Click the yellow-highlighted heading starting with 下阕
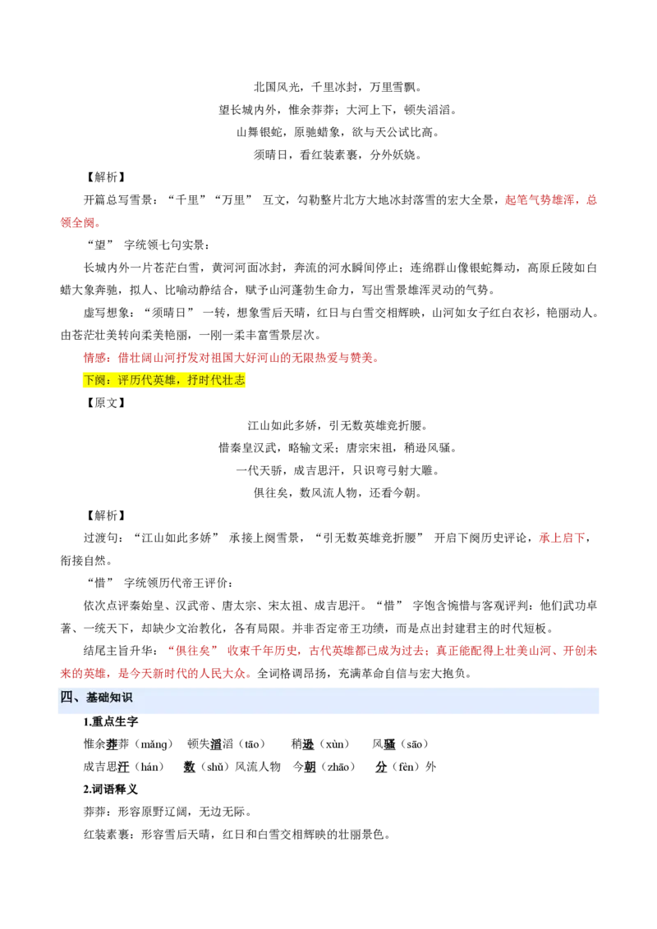tap(163, 380)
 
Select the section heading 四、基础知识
tap(96, 698)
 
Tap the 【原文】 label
tap(106, 403)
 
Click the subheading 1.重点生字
tap(110, 721)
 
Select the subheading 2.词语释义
tap(110, 789)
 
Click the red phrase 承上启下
tap(562, 538)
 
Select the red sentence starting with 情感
tap(232, 358)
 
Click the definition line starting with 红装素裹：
tap(237, 834)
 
